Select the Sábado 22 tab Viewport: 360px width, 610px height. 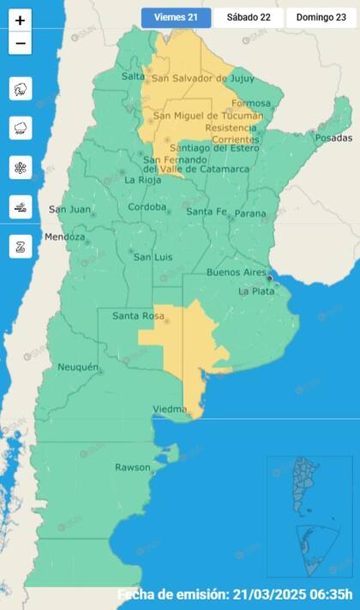click(248, 17)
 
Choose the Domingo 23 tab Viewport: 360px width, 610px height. click(321, 17)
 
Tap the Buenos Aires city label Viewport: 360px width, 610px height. click(237, 272)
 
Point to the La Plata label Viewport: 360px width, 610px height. click(255, 291)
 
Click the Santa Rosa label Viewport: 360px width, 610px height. click(138, 316)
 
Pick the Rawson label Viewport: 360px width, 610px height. click(132, 467)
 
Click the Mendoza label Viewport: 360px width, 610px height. click(65, 236)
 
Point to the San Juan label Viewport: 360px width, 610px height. click(68, 209)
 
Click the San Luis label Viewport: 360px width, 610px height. click(153, 257)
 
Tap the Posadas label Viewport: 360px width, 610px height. click(333, 138)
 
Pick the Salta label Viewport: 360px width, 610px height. click(133, 76)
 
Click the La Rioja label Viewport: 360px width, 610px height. click(142, 180)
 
